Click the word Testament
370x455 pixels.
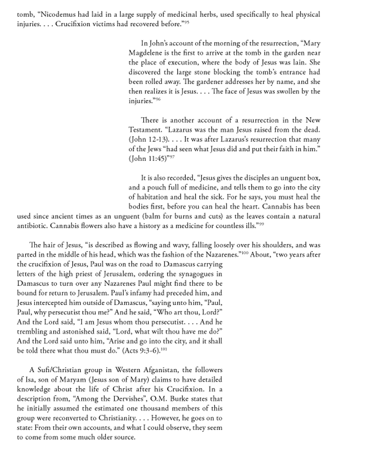[144, 130]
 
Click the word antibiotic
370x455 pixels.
[32, 226]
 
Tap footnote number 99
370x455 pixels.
[261, 224]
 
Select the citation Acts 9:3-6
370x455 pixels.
[142, 351]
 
